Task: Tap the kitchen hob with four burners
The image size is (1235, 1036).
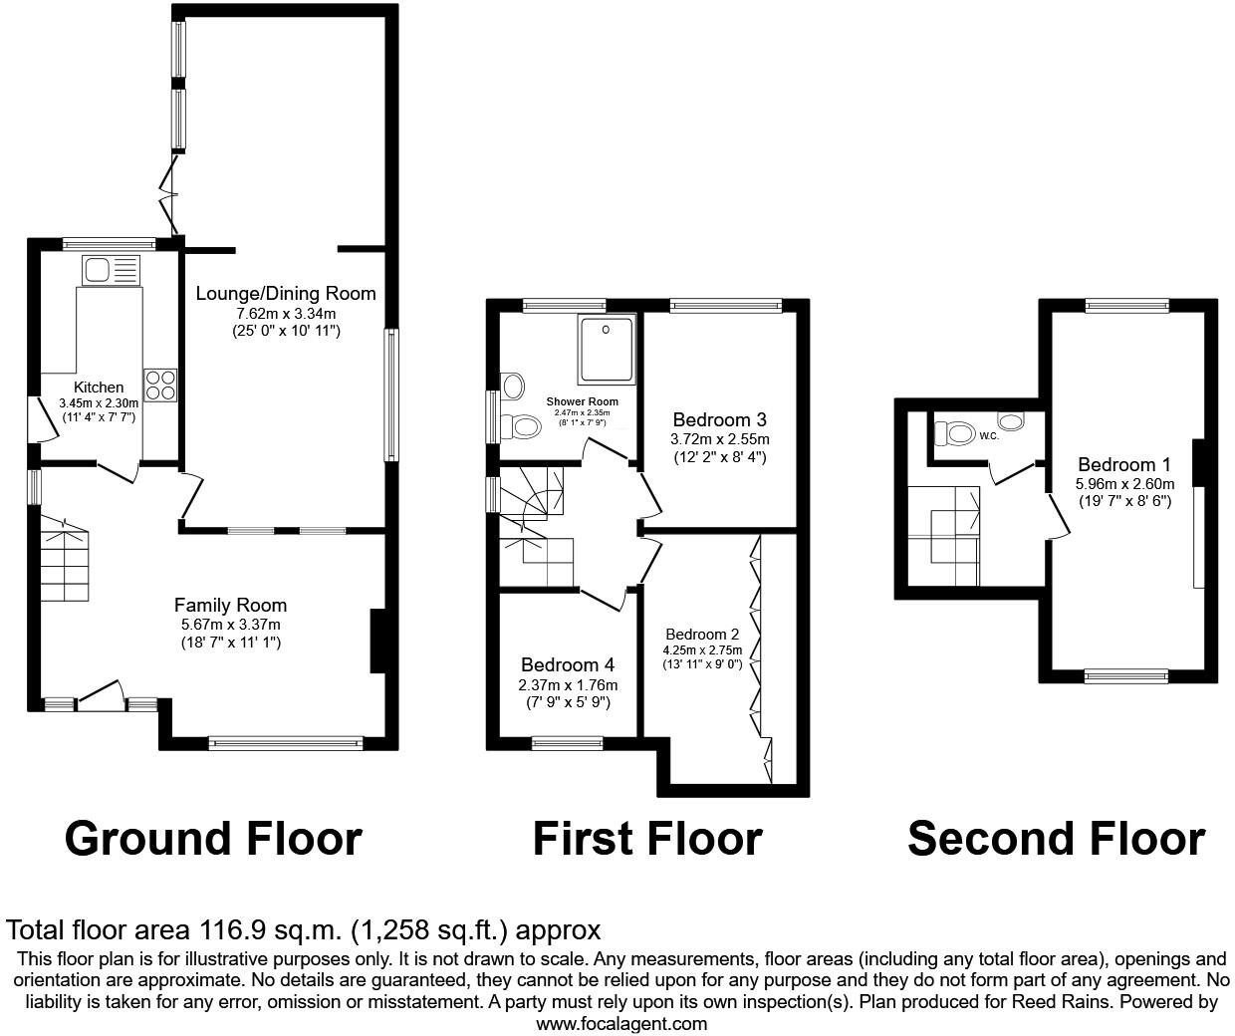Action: pos(160,385)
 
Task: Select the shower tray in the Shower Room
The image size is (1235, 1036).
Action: pos(606,349)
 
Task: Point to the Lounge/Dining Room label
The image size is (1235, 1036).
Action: pos(286,293)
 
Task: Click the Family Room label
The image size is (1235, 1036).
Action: pos(230,605)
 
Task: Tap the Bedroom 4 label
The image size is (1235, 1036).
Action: pos(567,664)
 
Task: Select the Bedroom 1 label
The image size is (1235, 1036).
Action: pos(1123,464)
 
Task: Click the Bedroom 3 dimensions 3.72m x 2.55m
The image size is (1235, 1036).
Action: pos(720,438)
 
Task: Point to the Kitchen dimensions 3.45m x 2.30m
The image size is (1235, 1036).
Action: pos(99,402)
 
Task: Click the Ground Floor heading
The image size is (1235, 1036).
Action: pos(212,839)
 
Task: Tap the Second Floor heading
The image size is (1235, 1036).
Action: pos(1056,839)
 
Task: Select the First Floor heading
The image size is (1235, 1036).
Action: pos(646,839)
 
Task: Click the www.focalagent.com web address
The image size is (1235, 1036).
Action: pos(621,1023)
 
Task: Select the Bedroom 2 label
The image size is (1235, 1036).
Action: pos(702,635)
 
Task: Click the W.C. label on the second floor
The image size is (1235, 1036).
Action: pos(988,436)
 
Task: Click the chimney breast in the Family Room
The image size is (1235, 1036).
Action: pos(377,641)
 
